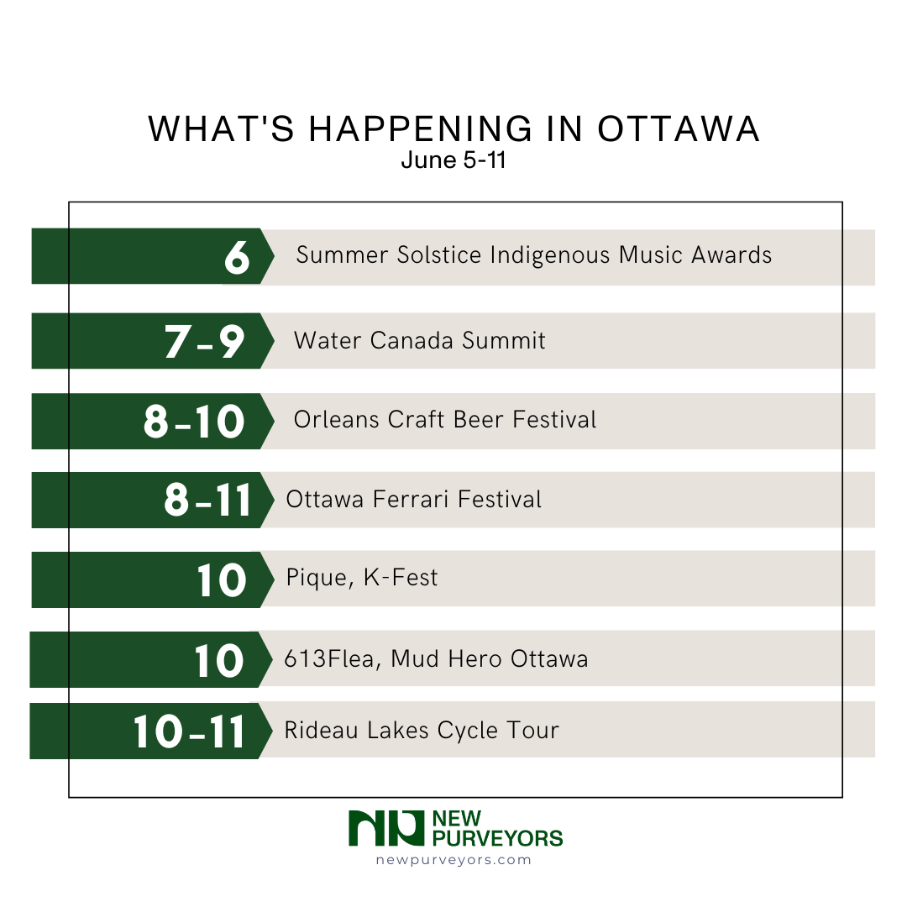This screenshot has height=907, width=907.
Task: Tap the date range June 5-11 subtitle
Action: click(453, 160)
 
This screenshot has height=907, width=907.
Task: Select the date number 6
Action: click(237, 258)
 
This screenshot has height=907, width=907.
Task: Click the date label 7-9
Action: click(204, 341)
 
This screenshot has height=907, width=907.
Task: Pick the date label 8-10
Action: click(193, 421)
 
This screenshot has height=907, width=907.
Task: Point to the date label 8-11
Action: click(207, 500)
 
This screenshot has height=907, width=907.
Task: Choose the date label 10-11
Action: click(189, 731)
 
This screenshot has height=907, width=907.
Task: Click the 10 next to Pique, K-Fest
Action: click(221, 579)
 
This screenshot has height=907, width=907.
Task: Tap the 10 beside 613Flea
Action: click(218, 659)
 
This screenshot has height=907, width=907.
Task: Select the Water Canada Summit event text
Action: click(419, 340)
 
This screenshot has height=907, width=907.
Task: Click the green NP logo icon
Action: click(385, 828)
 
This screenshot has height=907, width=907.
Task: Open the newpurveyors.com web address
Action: click(453, 859)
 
